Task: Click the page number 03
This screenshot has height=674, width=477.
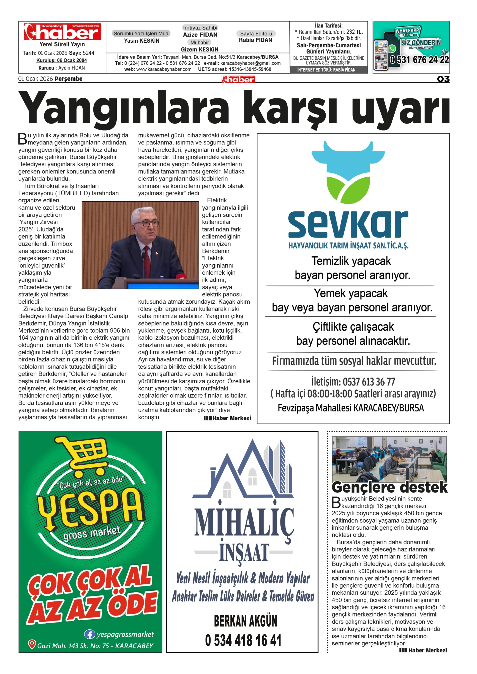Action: click(x=443, y=79)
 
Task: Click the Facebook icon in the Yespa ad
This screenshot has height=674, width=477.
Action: click(x=89, y=634)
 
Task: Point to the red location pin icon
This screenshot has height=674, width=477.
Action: click(x=32, y=645)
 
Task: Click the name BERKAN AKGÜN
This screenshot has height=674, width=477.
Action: click(x=245, y=621)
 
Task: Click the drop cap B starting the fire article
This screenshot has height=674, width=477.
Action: click(x=23, y=139)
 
